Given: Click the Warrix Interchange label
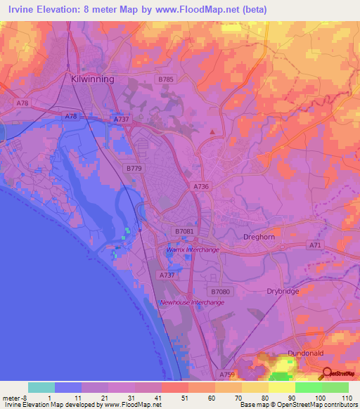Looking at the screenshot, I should [x=193, y=249].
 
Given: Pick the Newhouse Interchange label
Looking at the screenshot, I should [x=192, y=302].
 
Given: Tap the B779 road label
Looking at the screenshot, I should [x=134, y=169].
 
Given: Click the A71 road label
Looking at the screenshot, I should [x=316, y=245].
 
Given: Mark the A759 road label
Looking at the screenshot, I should [x=226, y=376].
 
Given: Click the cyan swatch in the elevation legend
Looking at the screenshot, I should [x=41, y=387].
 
